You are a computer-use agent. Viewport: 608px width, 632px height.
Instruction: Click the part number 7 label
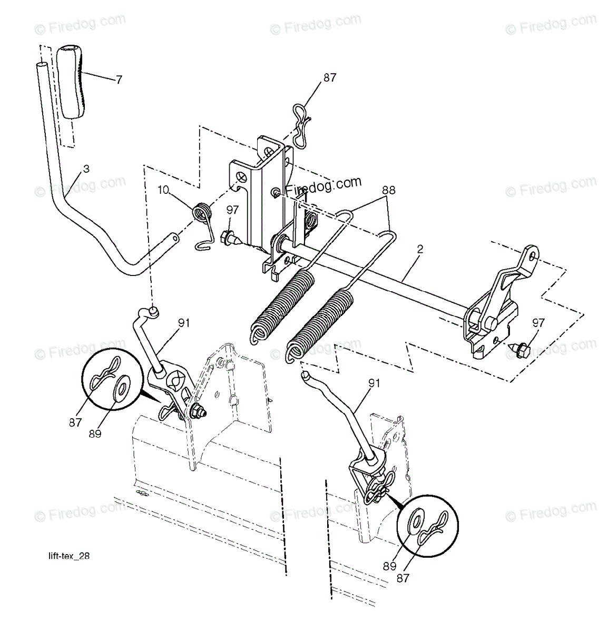click(119, 80)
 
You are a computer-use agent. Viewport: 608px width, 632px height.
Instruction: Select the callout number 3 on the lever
click(86, 169)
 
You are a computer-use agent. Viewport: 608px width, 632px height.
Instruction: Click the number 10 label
click(163, 190)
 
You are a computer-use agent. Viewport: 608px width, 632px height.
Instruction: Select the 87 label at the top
click(330, 77)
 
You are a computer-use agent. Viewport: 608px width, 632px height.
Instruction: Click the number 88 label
click(389, 191)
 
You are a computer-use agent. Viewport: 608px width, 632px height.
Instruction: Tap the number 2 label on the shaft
click(420, 251)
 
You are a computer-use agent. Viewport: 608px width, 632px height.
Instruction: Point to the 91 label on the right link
click(374, 384)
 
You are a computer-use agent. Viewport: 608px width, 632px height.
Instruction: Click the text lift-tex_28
click(66, 556)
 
